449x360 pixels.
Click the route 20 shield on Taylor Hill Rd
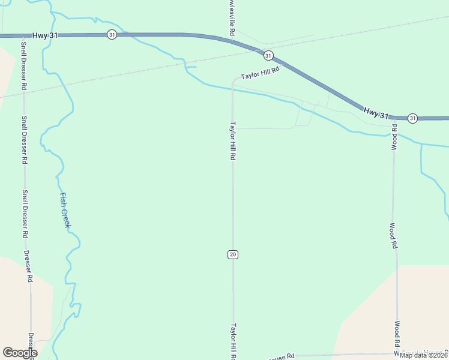click(x=233, y=254)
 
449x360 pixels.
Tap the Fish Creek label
click(x=65, y=209)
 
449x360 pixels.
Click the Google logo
click(x=20, y=353)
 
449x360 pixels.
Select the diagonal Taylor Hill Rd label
click(x=261, y=73)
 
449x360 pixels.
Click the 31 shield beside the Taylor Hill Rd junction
click(x=268, y=55)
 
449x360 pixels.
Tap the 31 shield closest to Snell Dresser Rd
click(x=112, y=35)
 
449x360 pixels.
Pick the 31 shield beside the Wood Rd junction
click(x=412, y=118)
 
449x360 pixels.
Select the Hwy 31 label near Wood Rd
click(x=376, y=112)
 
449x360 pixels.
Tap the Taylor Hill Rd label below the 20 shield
click(x=233, y=341)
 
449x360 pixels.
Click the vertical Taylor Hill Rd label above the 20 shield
click(x=233, y=141)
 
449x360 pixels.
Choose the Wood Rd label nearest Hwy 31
click(x=394, y=137)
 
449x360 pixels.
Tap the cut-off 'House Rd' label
click(x=282, y=356)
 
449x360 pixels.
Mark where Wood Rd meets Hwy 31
click(x=394, y=117)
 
